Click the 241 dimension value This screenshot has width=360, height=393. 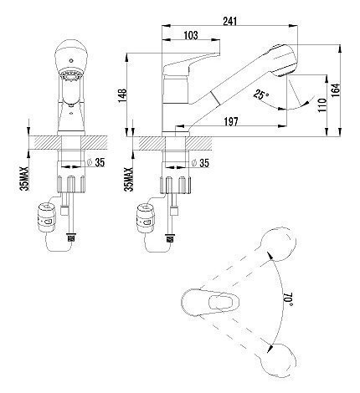point(229,21)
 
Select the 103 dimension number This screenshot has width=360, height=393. point(191,35)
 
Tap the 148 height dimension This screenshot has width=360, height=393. point(123,95)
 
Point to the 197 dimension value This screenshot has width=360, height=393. point(231,121)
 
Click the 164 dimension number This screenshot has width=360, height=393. point(336,89)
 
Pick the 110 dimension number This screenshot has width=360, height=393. point(321,105)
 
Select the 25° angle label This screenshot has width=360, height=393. point(261,94)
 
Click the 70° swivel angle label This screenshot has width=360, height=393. point(288,299)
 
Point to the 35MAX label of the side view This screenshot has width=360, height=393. point(130,179)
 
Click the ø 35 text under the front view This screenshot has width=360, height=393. point(95,162)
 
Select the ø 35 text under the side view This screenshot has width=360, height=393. point(200,163)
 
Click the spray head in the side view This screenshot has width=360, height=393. point(282,59)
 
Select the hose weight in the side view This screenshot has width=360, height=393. point(145,218)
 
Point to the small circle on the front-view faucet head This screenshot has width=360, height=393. point(70,60)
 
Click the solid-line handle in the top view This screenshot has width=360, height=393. point(210,303)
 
